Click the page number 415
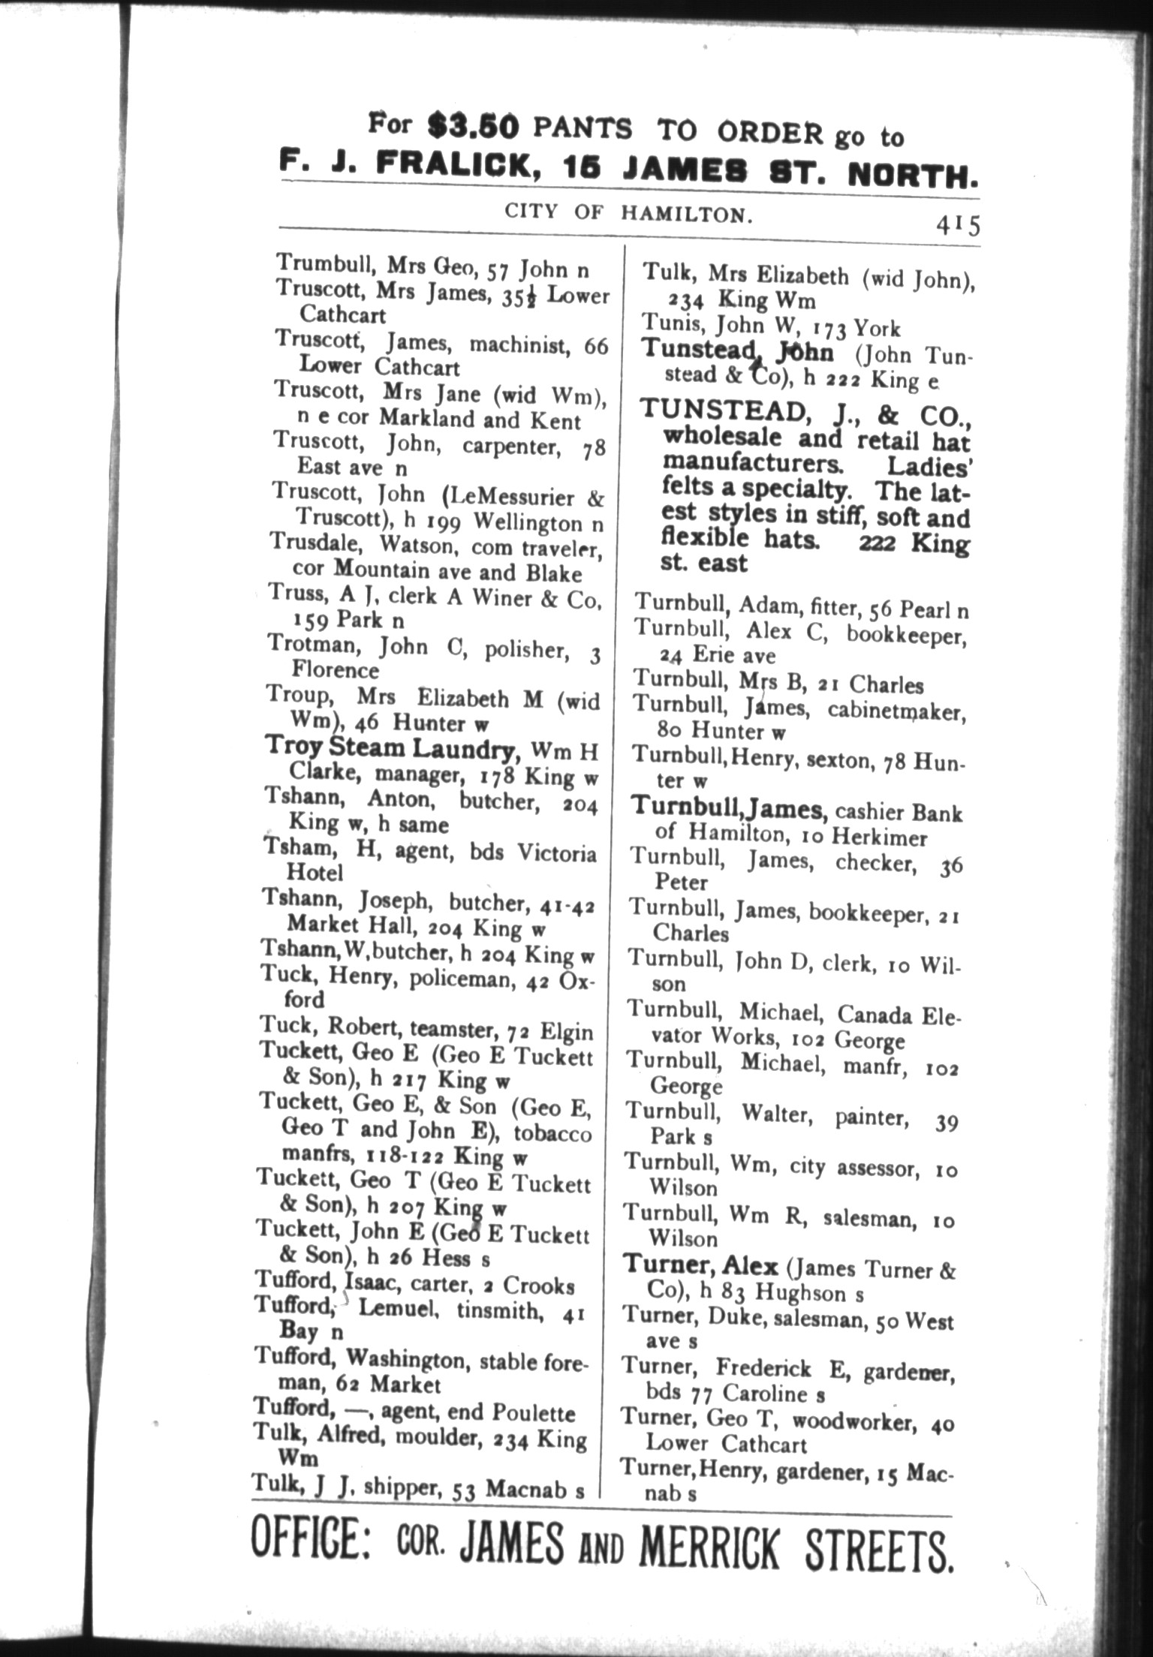point(957,224)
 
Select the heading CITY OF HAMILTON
point(628,213)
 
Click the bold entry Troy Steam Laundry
point(391,748)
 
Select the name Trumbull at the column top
point(325,263)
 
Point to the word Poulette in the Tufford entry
point(533,1413)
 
